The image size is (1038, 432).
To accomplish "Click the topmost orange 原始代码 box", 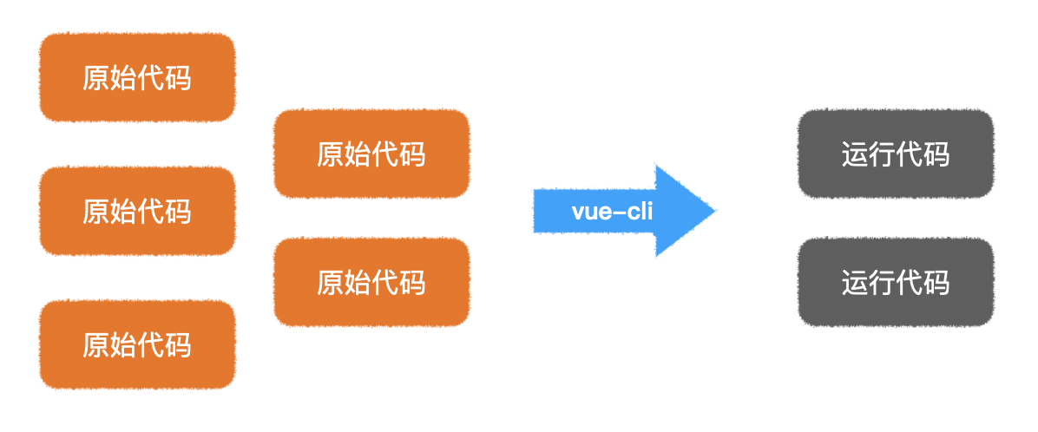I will (137, 78).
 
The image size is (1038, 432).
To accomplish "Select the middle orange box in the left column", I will (137, 211).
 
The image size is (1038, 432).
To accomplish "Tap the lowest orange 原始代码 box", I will (137, 344).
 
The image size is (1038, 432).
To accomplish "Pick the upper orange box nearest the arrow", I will (371, 154).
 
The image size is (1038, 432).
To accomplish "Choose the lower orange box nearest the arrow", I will (371, 283).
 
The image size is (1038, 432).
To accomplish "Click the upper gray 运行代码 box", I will (895, 154).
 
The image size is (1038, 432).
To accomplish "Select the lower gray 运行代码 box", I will (895, 283).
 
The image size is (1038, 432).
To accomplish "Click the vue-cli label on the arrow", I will (612, 212).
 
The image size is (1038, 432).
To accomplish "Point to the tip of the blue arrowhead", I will (714, 211).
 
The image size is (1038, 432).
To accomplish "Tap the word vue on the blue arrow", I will (589, 212).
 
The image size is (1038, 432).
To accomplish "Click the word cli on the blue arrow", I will (638, 212).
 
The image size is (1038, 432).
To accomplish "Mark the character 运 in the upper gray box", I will (855, 154).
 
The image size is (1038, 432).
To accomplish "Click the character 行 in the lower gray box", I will (882, 283).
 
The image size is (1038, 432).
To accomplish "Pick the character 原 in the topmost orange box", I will (96, 78).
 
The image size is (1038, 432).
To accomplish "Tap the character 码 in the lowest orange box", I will (178, 344).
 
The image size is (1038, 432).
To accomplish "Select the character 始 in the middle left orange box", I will (123, 211).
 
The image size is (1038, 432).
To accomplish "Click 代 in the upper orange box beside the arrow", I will (385, 154).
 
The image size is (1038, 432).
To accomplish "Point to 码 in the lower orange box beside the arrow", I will (412, 283).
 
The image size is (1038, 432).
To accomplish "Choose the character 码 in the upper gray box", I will (936, 154).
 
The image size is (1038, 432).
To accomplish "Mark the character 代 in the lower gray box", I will (909, 283).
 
